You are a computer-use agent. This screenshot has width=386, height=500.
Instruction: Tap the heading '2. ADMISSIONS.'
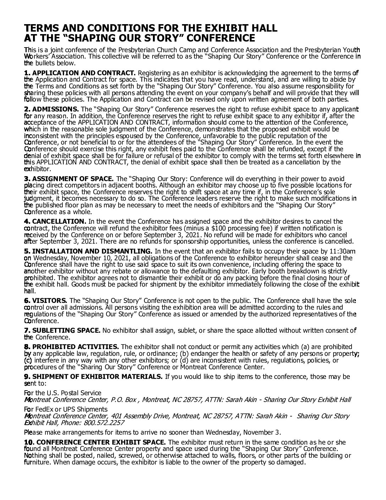pos(51,109)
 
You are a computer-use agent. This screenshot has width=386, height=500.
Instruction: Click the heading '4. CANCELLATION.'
pos(55,222)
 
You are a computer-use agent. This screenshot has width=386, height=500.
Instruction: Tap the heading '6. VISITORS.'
pos(45,301)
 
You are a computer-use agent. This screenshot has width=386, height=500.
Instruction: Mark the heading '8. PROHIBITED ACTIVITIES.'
pos(71,347)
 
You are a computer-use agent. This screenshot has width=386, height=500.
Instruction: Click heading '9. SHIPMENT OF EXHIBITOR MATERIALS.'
pos(93,376)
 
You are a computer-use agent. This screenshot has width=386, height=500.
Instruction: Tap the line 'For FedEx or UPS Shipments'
pos(66,409)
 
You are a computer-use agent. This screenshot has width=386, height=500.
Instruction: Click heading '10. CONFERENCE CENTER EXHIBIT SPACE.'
pos(95,442)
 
